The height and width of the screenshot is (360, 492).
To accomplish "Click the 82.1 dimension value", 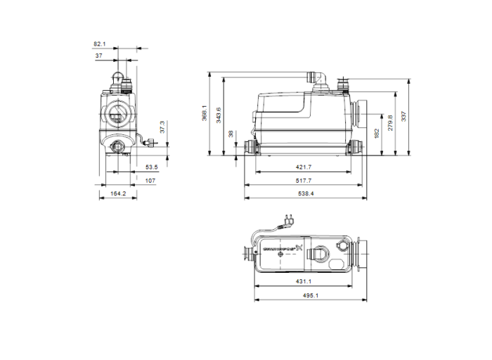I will coord(100,44).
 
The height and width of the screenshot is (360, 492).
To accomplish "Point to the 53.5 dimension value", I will coord(151,167).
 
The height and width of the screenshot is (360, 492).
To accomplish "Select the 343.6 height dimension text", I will coord(218,114).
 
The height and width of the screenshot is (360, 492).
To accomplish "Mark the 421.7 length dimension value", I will coord(303,168).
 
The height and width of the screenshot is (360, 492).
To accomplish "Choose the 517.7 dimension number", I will coord(303,181).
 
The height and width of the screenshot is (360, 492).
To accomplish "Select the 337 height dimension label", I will coord(403,115).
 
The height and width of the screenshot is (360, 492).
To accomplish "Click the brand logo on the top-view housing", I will coord(282,247).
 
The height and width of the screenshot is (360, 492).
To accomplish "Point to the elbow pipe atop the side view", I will coord(314,75).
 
